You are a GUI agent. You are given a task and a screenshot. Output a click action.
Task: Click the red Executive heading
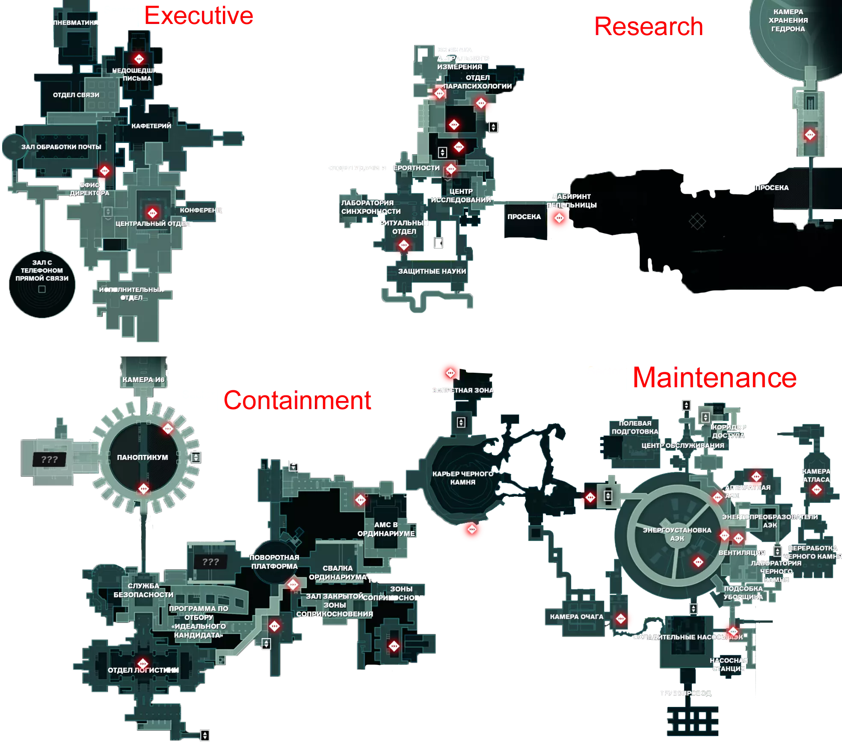point(199,16)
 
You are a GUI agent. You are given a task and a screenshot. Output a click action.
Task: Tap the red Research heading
point(649,26)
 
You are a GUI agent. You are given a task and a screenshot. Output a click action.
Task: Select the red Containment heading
point(297,400)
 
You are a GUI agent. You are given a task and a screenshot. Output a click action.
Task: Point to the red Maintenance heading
point(715,378)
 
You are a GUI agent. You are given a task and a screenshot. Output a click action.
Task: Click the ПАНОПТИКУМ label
point(142,457)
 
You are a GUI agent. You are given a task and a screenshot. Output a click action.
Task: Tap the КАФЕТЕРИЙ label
point(151,126)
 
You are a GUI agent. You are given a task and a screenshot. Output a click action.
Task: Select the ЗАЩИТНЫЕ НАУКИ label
point(432,271)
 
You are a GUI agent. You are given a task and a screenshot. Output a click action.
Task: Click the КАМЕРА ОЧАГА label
point(576,617)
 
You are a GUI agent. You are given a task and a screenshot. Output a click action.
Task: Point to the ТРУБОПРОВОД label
point(685,693)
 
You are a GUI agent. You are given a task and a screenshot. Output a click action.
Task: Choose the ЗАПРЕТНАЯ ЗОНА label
point(463,390)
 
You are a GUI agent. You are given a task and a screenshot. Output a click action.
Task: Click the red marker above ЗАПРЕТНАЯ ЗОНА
point(450,373)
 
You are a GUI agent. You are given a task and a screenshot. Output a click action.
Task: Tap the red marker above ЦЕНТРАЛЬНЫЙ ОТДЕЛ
point(152,213)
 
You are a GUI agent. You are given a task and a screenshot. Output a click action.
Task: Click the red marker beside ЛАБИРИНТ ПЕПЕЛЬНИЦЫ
point(559,218)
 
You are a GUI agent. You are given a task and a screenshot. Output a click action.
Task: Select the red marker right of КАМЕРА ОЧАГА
point(621,618)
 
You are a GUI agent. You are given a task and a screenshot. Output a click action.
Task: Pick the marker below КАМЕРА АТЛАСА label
point(816,490)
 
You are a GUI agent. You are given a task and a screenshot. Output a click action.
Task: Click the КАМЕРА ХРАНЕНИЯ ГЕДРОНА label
point(788,21)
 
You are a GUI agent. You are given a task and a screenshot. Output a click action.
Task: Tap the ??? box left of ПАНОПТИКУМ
point(50,460)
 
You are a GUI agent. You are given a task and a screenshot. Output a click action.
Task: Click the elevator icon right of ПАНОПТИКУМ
point(196,457)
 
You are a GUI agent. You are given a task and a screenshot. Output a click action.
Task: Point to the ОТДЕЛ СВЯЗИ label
point(76,95)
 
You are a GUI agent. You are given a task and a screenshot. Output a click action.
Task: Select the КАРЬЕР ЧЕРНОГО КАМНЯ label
point(463,478)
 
